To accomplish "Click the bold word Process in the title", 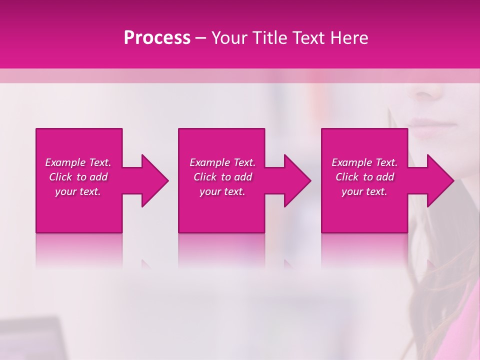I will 157,38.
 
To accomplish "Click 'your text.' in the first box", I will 78,191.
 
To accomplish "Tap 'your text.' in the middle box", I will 222,191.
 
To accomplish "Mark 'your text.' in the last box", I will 364,191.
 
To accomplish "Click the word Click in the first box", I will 60,177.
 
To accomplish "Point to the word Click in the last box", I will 347,177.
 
